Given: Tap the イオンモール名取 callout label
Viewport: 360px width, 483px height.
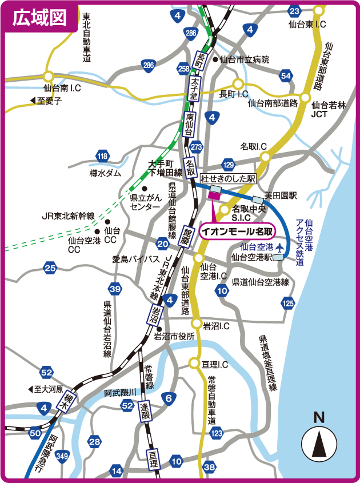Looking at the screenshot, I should [x=237, y=231].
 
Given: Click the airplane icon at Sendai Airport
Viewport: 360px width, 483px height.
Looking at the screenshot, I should [x=279, y=247].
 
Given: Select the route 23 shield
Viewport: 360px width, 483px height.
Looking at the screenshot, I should [x=294, y=11].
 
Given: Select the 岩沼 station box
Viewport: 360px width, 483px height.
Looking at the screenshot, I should [x=155, y=316].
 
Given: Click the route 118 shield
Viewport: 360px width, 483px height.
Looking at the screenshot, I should [x=102, y=156].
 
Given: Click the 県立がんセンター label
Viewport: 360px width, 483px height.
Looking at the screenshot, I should [x=145, y=202].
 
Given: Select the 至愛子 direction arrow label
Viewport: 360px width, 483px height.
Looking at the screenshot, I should [x=46, y=101].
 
